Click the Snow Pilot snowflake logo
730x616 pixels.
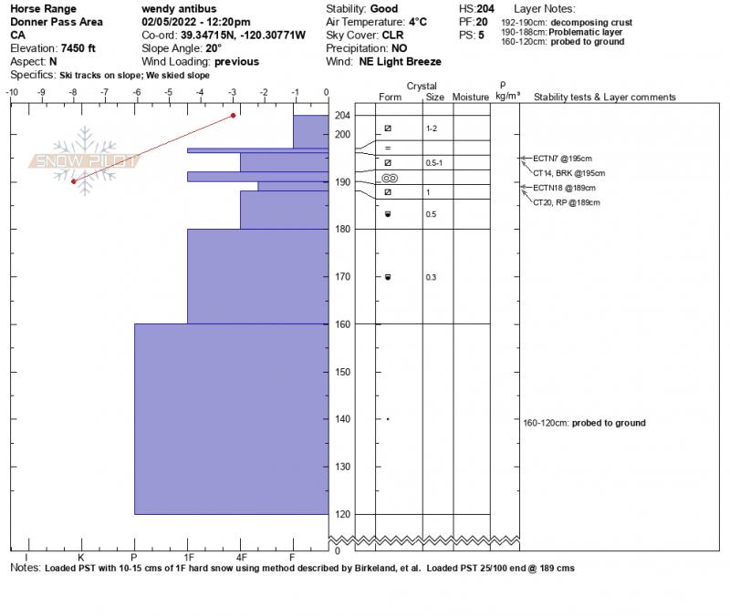coord(85,161)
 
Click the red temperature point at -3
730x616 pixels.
coord(234,115)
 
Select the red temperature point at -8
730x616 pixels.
coord(74,181)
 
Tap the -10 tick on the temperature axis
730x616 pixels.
coord(13,92)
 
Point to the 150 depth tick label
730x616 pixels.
coord(342,372)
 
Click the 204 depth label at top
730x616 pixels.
coord(342,116)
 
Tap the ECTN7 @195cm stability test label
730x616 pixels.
coord(557,159)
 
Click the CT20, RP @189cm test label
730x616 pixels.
coord(566,202)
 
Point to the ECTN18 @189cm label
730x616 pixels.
coord(558,188)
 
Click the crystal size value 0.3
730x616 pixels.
coord(431,277)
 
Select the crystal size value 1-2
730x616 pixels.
coord(433,129)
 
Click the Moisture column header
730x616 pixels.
coord(471,97)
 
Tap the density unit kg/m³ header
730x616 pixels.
coord(507,95)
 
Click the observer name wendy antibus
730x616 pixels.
coord(179,9)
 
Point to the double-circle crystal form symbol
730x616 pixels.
coord(388,179)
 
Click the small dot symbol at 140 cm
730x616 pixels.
coord(388,419)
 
